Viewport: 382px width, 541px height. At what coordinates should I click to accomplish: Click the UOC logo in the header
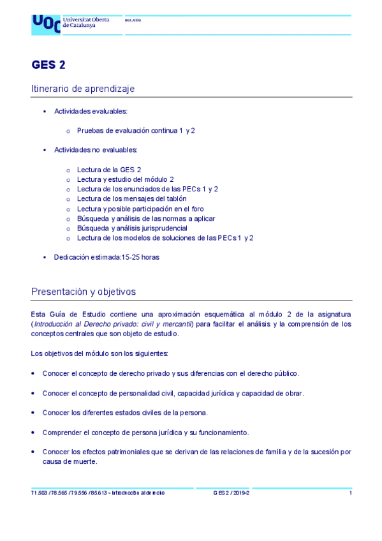[46, 24]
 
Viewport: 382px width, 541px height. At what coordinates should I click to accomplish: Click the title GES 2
[48, 64]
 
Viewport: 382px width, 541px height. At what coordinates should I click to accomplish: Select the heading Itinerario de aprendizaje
[82, 89]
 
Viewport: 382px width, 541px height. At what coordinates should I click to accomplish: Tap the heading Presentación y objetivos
[84, 292]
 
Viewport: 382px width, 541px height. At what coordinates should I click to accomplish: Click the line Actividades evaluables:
[91, 111]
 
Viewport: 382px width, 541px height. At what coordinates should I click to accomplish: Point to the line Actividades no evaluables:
[96, 150]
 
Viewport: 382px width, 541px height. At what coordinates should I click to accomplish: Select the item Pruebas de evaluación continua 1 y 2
[136, 130]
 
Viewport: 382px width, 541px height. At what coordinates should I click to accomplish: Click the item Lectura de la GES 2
[109, 170]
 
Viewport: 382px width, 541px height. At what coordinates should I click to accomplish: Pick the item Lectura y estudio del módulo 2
[125, 179]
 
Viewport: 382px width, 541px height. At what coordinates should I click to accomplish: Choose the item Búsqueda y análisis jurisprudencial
[132, 228]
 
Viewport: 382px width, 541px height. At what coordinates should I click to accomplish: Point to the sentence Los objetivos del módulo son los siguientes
[99, 353]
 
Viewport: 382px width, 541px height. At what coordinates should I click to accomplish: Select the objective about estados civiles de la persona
[125, 412]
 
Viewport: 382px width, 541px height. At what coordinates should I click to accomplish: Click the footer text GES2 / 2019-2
[231, 493]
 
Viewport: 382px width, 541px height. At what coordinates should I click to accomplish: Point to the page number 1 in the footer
[350, 493]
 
